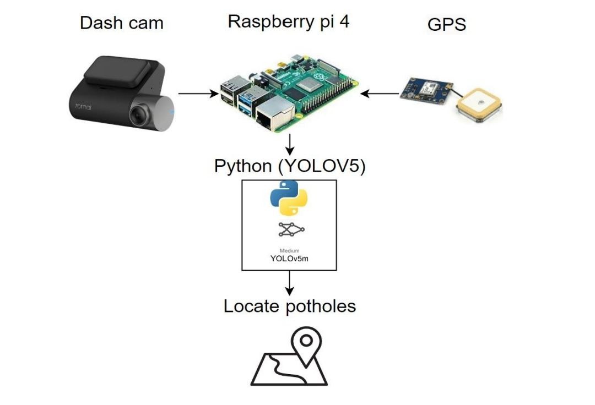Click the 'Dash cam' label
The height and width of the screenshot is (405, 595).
[x=121, y=23]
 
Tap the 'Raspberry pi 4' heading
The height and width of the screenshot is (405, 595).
[x=289, y=21]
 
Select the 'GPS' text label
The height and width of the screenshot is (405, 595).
[x=446, y=25]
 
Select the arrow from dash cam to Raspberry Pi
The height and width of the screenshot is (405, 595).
[x=198, y=94]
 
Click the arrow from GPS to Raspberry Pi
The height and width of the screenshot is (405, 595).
[x=380, y=94]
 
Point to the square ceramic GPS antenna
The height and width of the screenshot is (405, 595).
[x=479, y=105]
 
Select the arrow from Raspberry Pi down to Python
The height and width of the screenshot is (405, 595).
[x=289, y=145]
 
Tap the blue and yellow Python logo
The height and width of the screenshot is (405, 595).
[x=289, y=198]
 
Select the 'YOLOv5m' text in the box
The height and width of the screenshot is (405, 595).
[x=289, y=259]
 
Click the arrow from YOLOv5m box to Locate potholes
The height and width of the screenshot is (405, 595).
[x=289, y=283]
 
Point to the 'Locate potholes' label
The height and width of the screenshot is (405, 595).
[x=289, y=306]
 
